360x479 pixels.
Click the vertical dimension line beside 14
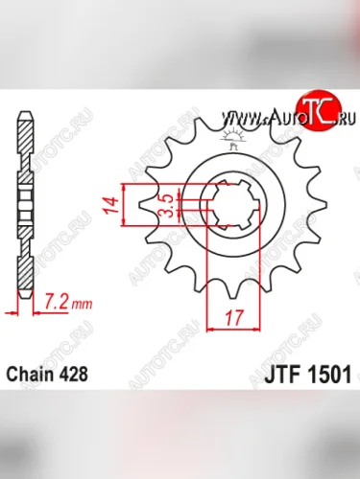[x=124, y=203]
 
